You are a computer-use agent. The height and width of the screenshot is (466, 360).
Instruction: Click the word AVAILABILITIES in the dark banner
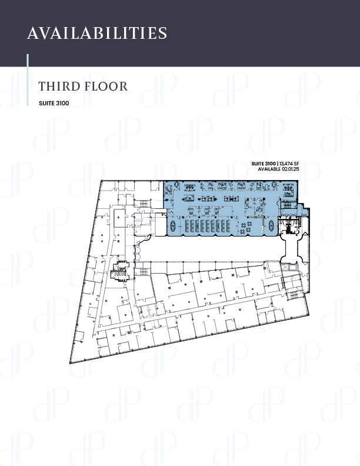[97, 33]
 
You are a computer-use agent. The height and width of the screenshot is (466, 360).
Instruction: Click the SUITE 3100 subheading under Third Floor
[54, 104]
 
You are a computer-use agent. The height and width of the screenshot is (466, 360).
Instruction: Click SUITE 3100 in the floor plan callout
[262, 164]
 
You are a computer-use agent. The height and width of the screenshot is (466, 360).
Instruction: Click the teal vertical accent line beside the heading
[28, 80]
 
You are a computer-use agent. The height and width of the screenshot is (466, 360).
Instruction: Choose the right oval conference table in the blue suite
[271, 225]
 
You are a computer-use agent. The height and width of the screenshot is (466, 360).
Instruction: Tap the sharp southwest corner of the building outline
[71, 361]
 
